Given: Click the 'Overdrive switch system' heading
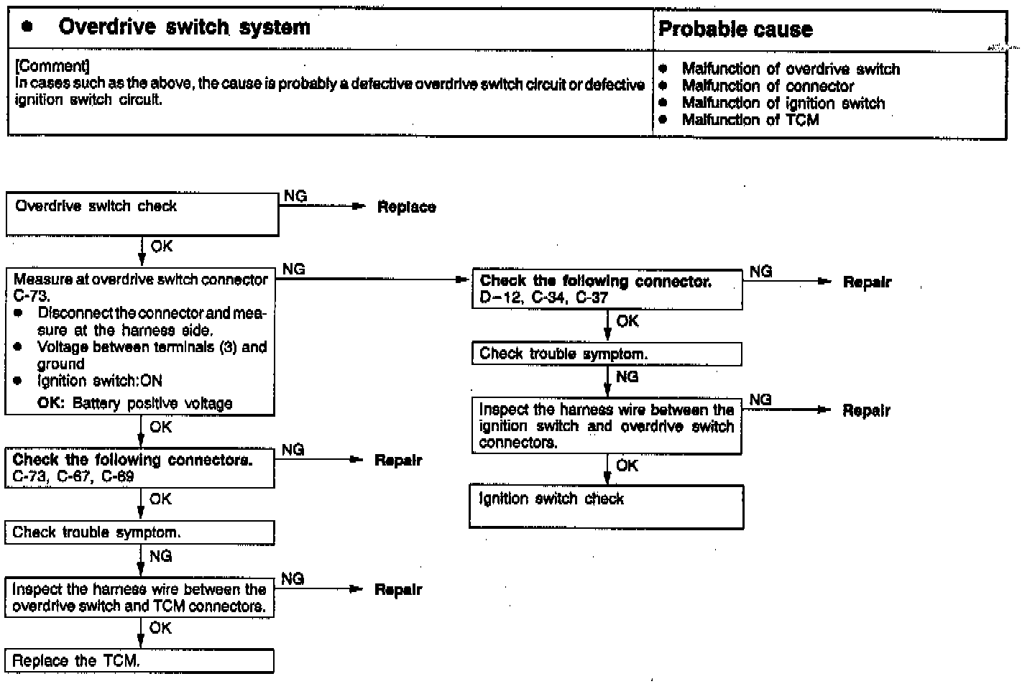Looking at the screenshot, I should pos(184,27).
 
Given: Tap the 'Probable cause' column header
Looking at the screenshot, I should pos(735,29).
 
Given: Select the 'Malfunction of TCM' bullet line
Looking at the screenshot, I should pos(750,120).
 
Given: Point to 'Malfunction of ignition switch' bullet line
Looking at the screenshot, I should pos(783,103).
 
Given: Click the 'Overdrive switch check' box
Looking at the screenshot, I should pos(142,214).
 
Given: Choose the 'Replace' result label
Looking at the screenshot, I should pos(406,208).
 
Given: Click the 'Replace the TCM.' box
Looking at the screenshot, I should pos(139,661).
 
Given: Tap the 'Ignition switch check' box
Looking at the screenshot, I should pos(606,507).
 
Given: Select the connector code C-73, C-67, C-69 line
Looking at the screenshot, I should pos(73,476).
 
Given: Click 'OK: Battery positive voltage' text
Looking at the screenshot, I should pos(135,403).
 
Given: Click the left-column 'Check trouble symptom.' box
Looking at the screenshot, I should pos(139,532).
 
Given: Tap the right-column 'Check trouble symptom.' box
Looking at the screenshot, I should pos(606,353).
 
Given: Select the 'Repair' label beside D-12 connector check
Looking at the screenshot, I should pos(866,282).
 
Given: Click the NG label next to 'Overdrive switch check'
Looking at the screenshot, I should pos(295,196).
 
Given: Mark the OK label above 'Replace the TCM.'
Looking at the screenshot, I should pos(160,628).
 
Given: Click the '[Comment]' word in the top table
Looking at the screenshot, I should pos(52,67).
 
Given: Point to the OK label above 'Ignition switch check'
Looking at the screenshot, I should pos(627,466).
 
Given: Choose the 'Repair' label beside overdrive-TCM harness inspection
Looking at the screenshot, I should pos(397,590).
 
